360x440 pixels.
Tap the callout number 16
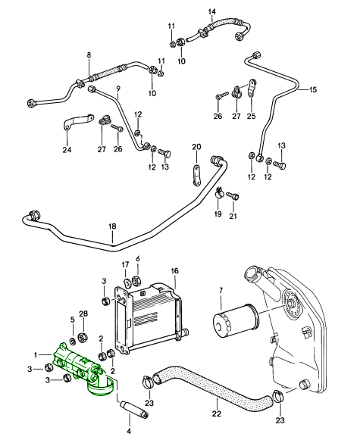tap(174, 271)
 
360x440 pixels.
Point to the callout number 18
tap(112, 227)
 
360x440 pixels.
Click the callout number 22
tap(216, 413)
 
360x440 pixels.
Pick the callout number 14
tap(211, 11)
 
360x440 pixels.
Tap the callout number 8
tap(89, 55)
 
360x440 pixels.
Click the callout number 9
tap(118, 89)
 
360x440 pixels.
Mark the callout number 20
tap(195, 146)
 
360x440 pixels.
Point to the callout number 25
tap(252, 117)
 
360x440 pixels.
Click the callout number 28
tap(84, 314)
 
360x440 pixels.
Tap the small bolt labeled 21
tap(233, 198)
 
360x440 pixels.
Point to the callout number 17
tap(126, 264)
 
